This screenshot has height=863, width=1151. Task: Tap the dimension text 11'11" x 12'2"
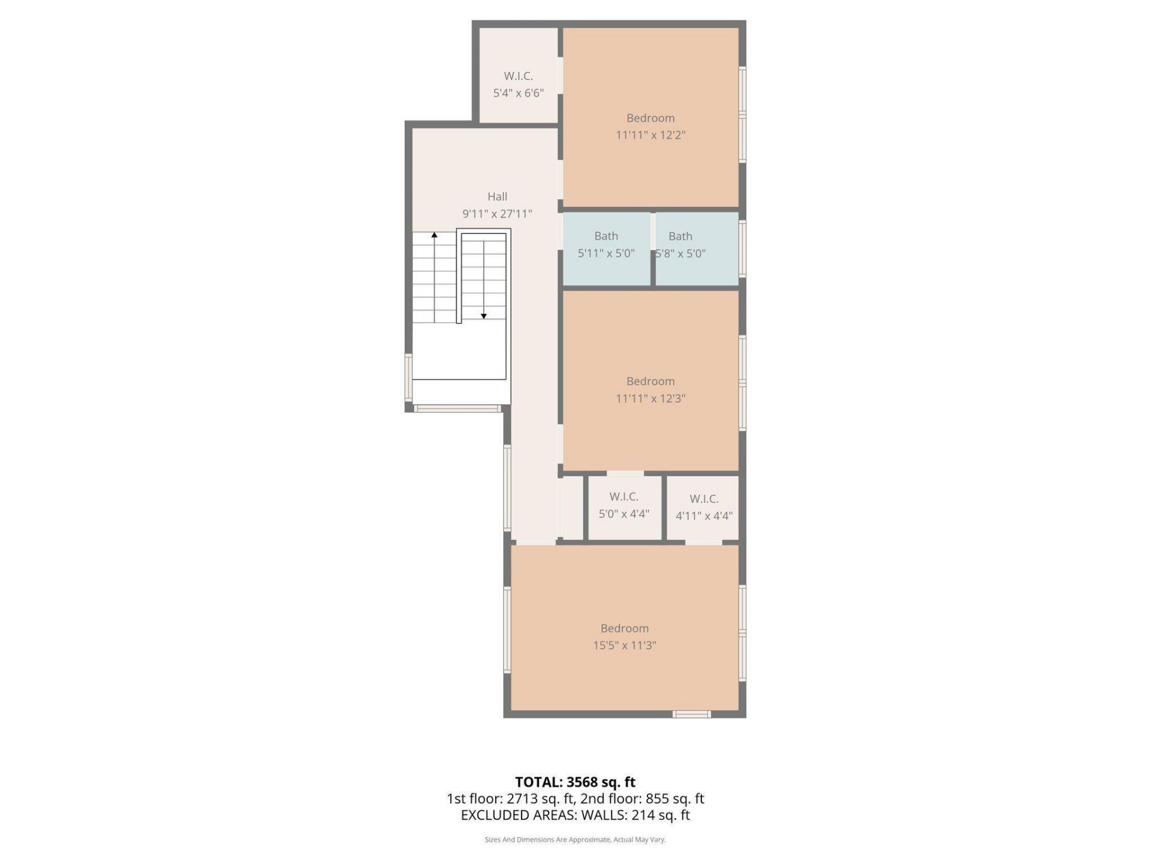[650, 135]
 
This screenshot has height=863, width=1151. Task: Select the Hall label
[497, 197]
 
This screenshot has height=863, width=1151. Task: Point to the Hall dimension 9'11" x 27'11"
[497, 213]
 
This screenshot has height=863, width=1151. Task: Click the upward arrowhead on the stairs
[435, 235]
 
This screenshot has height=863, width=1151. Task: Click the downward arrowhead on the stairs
[484, 316]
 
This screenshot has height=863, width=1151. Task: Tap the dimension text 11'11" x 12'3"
[650, 398]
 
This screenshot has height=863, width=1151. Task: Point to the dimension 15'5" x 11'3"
[624, 645]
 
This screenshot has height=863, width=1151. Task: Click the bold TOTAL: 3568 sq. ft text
[575, 782]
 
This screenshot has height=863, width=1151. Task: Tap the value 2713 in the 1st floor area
[521, 799]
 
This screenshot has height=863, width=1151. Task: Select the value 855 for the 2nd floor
[657, 799]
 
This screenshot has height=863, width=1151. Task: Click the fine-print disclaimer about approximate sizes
[575, 840]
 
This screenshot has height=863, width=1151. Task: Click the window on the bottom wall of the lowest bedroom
[691, 714]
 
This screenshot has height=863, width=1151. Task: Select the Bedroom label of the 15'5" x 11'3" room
[624, 628]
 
